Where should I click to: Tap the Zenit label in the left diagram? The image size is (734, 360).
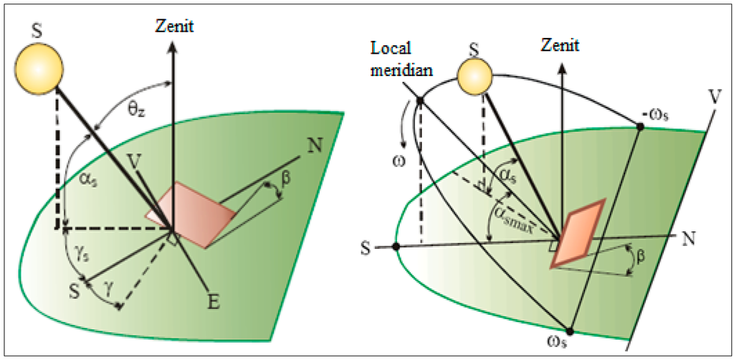click(173, 27)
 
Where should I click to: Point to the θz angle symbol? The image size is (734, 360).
click(136, 111)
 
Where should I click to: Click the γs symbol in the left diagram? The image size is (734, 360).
click(80, 250)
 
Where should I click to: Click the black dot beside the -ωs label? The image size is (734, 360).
click(640, 126)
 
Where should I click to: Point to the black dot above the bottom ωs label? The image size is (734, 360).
click(570, 331)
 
